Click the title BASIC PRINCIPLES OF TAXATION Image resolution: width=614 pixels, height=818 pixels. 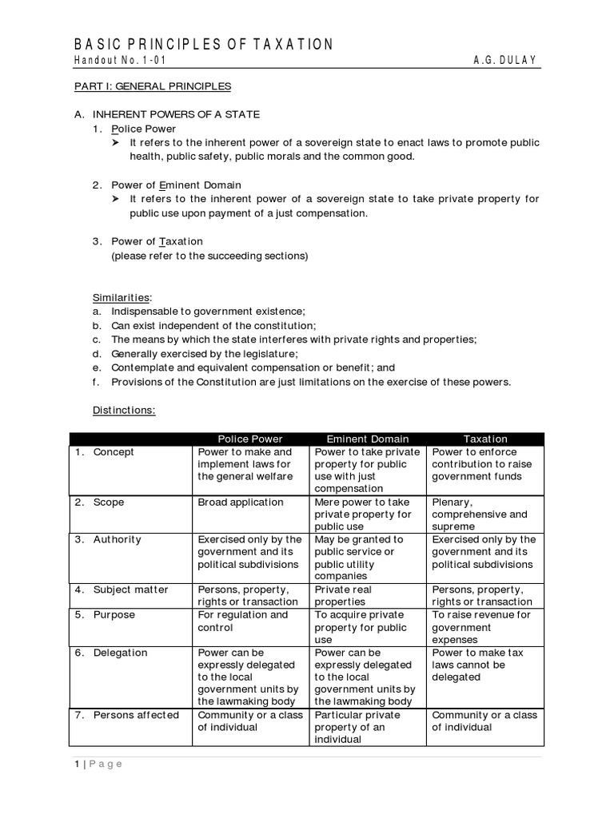coord(204,45)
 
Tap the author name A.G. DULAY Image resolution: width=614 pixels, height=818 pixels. coord(507,61)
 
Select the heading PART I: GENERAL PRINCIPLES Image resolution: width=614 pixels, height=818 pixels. coord(152,86)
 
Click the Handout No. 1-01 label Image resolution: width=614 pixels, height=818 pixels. coord(120,61)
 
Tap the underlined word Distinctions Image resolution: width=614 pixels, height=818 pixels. coord(124,410)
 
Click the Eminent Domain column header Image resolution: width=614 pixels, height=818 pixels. coord(367,439)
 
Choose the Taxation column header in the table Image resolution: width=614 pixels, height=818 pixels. coord(485,439)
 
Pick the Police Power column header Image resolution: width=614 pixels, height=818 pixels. coord(250,439)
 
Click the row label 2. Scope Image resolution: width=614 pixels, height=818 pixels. coord(100,502)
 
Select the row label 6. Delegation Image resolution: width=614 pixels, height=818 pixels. coord(112,653)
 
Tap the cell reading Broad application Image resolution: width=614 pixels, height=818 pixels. coord(241,502)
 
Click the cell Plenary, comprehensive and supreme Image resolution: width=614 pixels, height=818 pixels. coord(480,514)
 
